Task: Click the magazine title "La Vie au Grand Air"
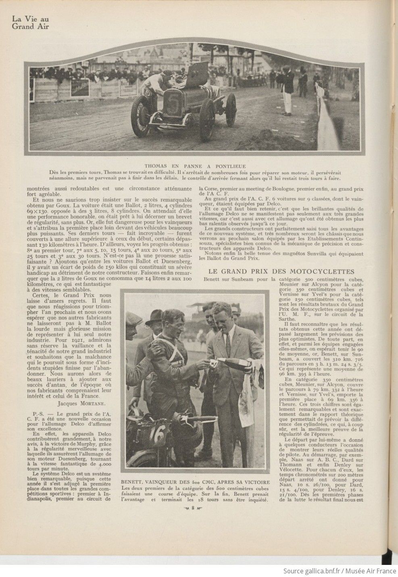(x=32, y=23)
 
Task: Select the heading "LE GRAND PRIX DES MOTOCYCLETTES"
(x=281, y=271)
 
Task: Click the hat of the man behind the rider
(x=153, y=316)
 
